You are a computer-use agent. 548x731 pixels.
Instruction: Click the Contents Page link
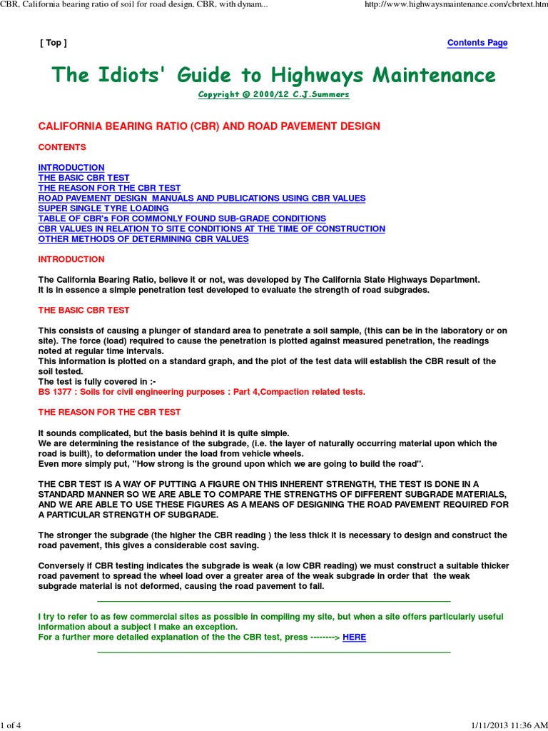(x=477, y=43)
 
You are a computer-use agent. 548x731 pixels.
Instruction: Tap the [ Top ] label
(x=54, y=43)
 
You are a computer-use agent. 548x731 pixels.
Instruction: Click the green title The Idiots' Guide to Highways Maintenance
(x=273, y=75)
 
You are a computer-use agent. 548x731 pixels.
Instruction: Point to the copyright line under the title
(x=273, y=95)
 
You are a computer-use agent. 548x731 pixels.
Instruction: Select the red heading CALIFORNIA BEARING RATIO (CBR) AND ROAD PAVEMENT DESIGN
(x=209, y=126)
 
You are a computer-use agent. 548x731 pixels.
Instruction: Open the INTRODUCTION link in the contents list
(x=71, y=168)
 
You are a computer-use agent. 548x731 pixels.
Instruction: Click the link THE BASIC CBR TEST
(x=83, y=178)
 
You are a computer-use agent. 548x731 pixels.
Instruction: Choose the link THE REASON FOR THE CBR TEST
(x=109, y=188)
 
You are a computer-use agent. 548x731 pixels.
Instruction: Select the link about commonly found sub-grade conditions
(x=182, y=218)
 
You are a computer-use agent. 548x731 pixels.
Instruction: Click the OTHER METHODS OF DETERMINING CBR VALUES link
(x=143, y=239)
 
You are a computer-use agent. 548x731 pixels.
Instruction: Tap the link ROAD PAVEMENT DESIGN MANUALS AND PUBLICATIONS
(x=201, y=198)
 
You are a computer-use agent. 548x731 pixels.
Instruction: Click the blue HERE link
(x=354, y=637)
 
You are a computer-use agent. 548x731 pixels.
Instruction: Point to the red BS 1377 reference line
(x=201, y=392)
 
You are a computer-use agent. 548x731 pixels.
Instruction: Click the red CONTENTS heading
(x=62, y=147)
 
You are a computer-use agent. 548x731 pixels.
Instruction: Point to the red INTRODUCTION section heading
(x=71, y=259)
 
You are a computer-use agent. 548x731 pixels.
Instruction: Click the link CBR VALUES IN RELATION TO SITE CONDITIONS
(x=211, y=228)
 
